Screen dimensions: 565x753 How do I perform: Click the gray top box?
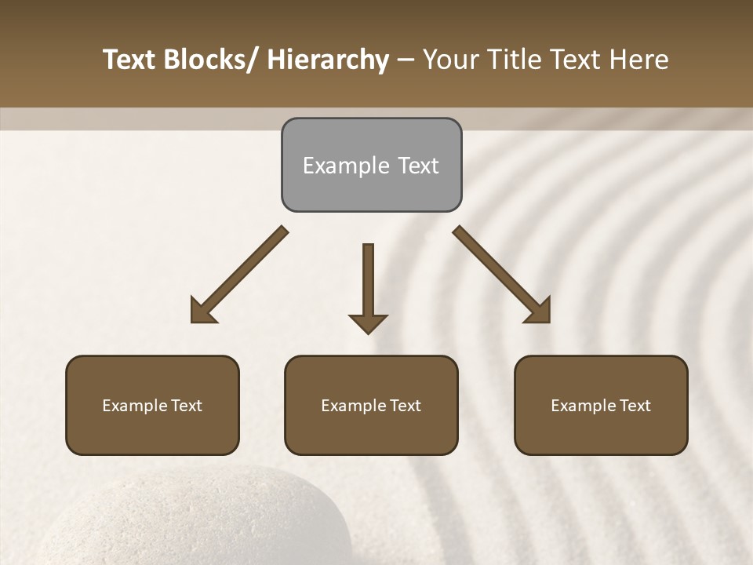tap(371, 165)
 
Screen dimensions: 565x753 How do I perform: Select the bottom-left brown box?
tap(152, 405)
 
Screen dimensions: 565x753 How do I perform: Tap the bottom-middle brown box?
tap(371, 405)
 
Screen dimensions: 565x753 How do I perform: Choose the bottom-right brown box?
tap(601, 405)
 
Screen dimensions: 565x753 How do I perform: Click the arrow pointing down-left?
tap(239, 275)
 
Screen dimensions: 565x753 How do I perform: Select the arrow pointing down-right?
tap(502, 275)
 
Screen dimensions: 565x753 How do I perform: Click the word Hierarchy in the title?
tap(328, 60)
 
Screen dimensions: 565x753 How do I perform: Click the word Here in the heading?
tap(638, 60)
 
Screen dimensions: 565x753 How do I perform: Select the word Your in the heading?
tap(450, 60)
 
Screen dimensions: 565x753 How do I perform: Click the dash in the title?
tap(406, 60)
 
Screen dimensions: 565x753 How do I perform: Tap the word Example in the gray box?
tap(346, 166)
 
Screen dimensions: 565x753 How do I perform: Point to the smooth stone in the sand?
tap(196, 522)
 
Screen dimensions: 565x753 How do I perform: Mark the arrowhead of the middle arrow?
tap(368, 323)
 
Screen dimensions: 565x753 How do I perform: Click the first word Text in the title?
tap(130, 60)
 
